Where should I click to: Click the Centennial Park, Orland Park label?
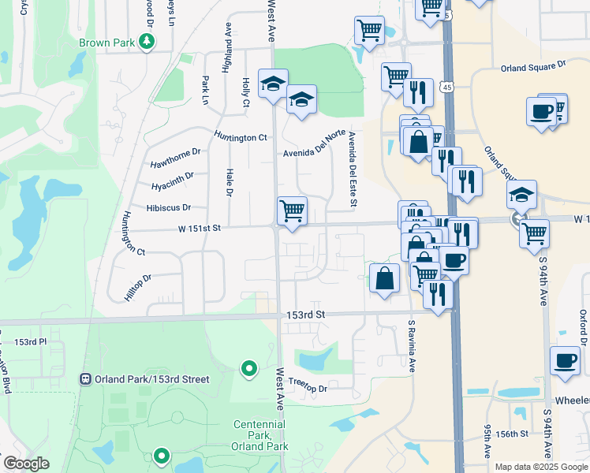[x=259, y=435]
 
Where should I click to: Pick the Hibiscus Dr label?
[x=168, y=208]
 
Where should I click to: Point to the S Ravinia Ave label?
[x=411, y=345]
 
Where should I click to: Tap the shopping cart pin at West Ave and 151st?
[x=292, y=210]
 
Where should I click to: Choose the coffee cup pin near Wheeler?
[x=564, y=360]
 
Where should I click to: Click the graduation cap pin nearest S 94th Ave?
[x=521, y=194]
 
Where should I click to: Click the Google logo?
[x=27, y=464]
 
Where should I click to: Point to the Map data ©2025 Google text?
[x=541, y=467]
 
